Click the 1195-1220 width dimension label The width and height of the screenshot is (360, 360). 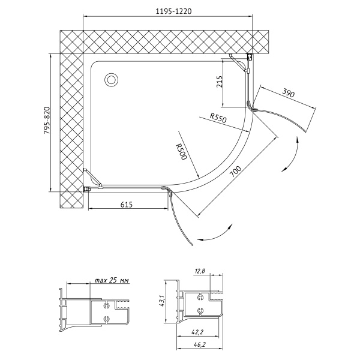coord(173,11)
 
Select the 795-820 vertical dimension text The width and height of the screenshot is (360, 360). coord(46,121)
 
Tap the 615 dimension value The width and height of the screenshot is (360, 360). coord(127,204)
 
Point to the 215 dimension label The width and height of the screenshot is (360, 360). coord(220,82)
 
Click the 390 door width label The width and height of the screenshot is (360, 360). coord(288,93)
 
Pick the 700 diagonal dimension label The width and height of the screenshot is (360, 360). coord(236,172)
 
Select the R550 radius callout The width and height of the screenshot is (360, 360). coord(218,118)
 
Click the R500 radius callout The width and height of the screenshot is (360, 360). coord(181,151)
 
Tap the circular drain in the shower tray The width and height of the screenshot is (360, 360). coord(112,80)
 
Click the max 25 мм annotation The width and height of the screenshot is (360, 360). coord(112,280)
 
